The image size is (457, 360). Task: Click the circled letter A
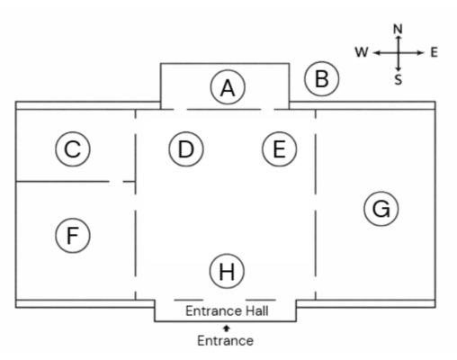click(228, 87)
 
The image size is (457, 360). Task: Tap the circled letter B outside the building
click(322, 79)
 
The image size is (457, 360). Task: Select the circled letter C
click(73, 148)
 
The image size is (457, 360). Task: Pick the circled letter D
click(186, 148)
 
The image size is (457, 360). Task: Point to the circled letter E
click(280, 148)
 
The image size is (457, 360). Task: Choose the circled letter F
click(73, 236)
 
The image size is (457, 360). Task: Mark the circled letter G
click(381, 209)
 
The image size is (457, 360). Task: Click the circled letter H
click(227, 271)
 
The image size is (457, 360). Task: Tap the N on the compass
click(398, 29)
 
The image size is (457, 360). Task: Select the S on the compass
click(398, 80)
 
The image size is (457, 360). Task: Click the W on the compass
click(362, 52)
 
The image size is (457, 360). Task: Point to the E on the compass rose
click(435, 52)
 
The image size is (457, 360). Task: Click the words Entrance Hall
click(227, 310)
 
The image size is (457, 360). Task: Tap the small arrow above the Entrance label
click(227, 328)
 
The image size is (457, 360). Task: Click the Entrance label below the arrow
click(226, 341)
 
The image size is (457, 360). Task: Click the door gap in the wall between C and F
click(116, 181)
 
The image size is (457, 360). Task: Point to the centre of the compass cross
click(399, 53)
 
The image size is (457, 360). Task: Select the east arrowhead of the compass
click(420, 53)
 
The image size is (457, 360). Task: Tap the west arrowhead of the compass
click(376, 53)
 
